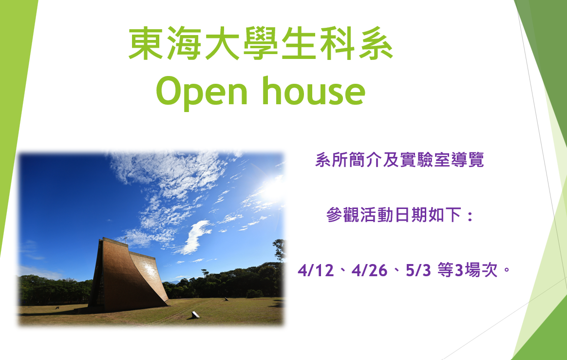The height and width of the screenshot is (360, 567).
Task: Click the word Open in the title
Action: (x=201, y=93)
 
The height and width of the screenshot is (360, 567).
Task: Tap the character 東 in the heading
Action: (x=146, y=44)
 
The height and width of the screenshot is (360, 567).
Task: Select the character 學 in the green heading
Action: (x=260, y=44)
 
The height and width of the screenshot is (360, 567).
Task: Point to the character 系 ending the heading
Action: (x=376, y=44)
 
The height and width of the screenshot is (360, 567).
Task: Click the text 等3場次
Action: (x=468, y=270)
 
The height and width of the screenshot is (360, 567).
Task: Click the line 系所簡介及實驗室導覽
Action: (x=399, y=160)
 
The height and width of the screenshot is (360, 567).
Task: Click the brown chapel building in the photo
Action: (x=129, y=275)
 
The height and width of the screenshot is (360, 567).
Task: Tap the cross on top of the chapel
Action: (x=126, y=239)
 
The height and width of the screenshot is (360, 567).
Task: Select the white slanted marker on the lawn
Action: (x=195, y=315)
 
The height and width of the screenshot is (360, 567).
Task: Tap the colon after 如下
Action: (x=470, y=216)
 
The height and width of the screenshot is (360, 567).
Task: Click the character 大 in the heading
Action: (x=222, y=44)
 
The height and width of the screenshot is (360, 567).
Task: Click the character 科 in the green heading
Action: (x=337, y=44)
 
